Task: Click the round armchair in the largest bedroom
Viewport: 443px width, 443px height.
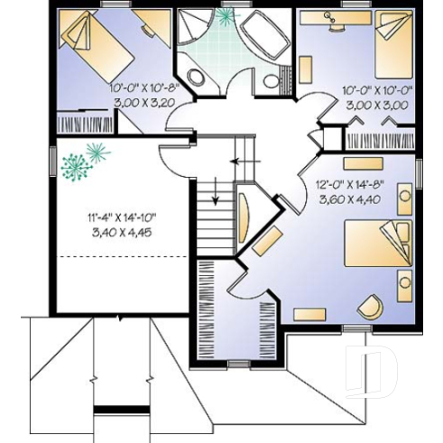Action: (371, 307)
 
